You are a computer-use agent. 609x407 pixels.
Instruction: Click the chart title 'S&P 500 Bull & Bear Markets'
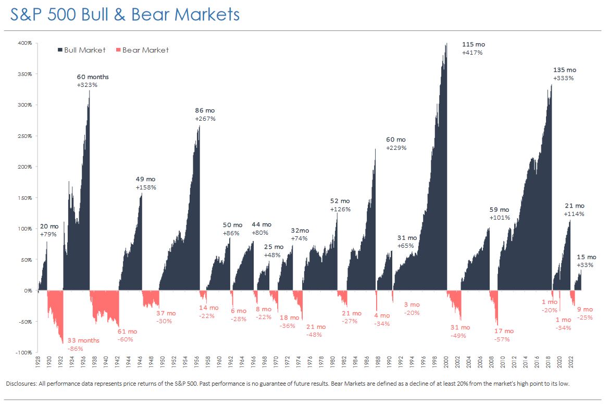click(x=125, y=14)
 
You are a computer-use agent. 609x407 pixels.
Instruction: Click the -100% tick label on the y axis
click(x=24, y=352)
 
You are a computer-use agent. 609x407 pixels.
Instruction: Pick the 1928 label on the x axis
click(x=39, y=363)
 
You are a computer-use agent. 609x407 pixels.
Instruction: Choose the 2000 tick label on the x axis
click(x=446, y=363)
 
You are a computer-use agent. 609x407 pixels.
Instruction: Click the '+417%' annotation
click(x=472, y=53)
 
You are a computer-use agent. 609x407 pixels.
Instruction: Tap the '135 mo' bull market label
click(x=565, y=70)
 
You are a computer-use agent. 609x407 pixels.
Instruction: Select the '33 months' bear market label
click(x=83, y=340)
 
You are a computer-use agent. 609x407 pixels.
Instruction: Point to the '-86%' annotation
click(x=76, y=349)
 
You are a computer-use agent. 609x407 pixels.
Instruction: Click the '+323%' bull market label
click(x=87, y=85)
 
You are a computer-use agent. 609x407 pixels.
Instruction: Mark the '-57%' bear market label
click(x=502, y=339)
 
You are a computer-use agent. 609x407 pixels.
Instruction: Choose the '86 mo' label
click(x=205, y=110)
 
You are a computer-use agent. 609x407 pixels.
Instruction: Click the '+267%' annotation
click(x=205, y=119)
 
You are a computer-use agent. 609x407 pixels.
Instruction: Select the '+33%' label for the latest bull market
click(x=584, y=265)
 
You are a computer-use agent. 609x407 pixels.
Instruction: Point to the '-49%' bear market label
click(x=458, y=336)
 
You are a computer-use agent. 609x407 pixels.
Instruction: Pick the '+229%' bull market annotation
click(x=396, y=148)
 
